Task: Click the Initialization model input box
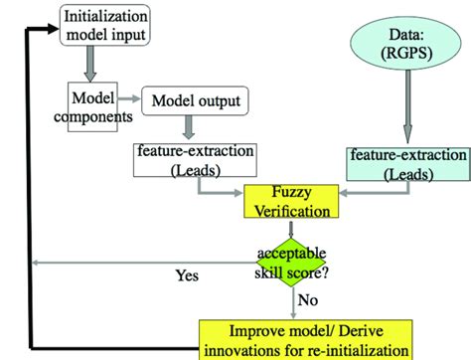pyautogui.click(x=107, y=25)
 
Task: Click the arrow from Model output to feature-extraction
pyautogui.click(x=188, y=127)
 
